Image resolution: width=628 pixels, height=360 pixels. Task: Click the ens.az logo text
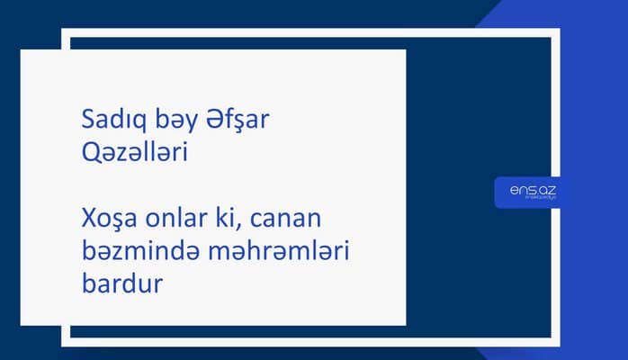527,190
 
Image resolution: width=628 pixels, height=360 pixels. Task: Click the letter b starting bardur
86,287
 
